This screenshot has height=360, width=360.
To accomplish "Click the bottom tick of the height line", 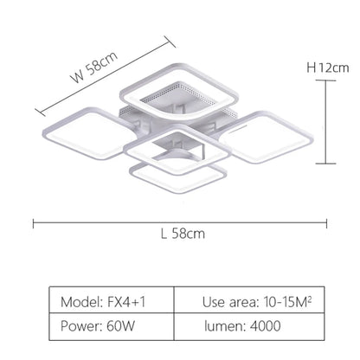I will pos(325,163).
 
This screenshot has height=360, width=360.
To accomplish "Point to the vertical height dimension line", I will pos(325,121).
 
